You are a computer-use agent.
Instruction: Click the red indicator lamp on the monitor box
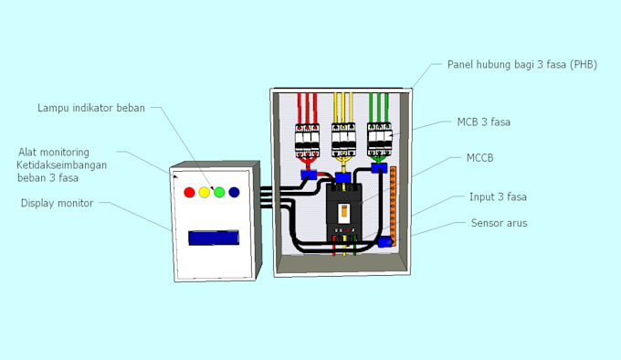[x=190, y=193]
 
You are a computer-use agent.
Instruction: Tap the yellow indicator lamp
[x=205, y=193]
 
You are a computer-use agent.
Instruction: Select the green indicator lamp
[x=219, y=193]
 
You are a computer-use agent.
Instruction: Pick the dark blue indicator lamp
[x=234, y=193]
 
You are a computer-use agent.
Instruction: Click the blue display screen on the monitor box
[x=212, y=238]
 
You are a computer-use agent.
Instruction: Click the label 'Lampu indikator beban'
[x=91, y=108]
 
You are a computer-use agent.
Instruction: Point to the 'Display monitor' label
[x=58, y=203]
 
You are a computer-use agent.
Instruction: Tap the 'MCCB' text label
[x=479, y=158]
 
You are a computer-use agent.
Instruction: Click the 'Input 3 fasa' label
[x=498, y=196]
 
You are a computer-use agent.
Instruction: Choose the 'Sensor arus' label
[x=499, y=222]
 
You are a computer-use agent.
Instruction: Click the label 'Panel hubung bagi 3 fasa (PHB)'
[x=521, y=65]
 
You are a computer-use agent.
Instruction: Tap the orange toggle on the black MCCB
[x=344, y=210]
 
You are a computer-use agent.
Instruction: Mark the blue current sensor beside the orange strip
[x=384, y=241]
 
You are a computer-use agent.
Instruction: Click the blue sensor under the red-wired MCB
[x=310, y=173]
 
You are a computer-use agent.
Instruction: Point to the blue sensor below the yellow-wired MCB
[x=343, y=177]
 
